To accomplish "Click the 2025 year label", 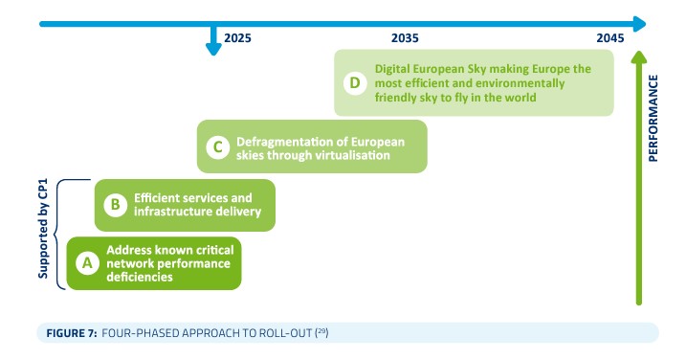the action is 237,38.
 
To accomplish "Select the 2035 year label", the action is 405,38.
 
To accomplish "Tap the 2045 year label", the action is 609,38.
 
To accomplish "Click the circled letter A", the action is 87,262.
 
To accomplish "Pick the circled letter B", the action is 116,205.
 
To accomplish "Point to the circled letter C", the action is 218,147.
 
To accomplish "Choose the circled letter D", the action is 355,82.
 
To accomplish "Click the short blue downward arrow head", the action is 213,49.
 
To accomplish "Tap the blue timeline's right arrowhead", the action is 640,24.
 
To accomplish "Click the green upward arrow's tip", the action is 639,52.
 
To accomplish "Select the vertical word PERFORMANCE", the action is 653,119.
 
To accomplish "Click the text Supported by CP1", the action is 43,229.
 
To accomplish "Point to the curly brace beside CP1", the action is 55,235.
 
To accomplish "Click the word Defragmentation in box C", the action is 287,142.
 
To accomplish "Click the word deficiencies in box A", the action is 140,277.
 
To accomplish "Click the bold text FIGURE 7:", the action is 72,333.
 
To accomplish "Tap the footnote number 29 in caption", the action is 321,331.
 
